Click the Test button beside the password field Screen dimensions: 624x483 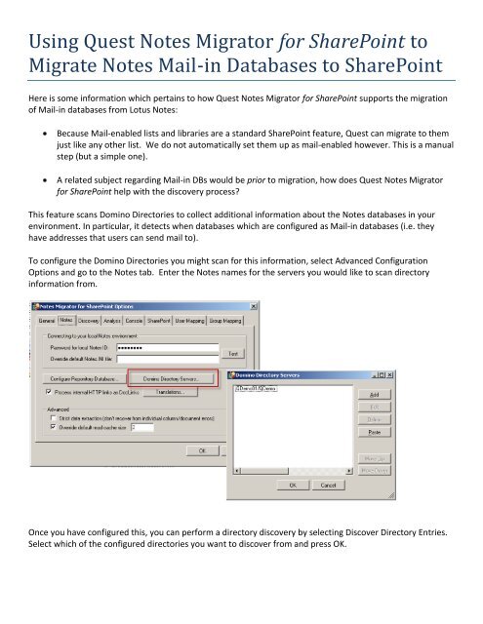(234, 353)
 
